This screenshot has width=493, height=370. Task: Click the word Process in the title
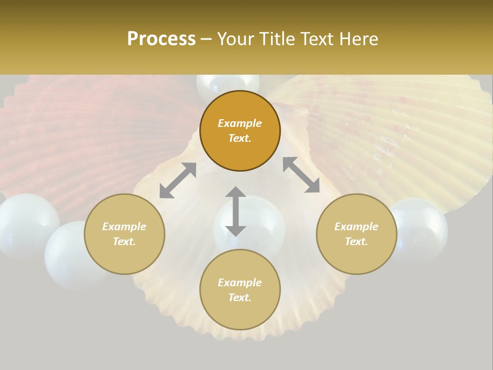click(161, 39)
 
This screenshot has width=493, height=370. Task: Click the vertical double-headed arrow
click(236, 212)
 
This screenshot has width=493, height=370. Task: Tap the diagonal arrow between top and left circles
click(178, 180)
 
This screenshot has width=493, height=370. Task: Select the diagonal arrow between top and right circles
click(301, 175)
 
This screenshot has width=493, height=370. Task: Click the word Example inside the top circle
click(240, 123)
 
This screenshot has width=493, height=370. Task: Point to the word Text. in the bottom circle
click(240, 298)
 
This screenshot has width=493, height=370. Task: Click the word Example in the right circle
click(356, 227)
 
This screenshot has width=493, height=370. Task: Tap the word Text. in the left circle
click(124, 242)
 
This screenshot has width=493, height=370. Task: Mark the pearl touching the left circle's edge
click(67, 254)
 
